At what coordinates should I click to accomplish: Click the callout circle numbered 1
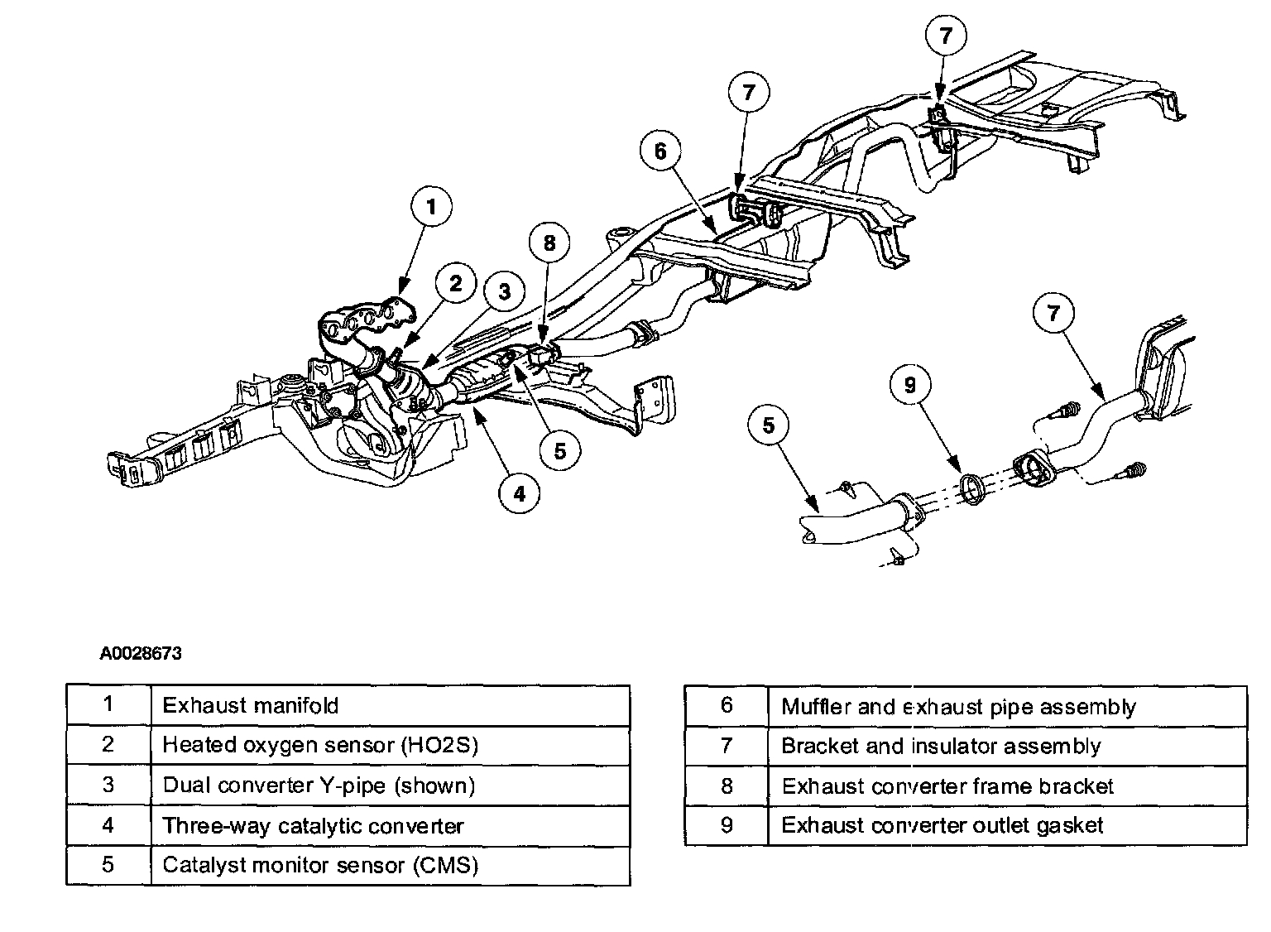(429, 207)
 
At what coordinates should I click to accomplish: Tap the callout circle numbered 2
(455, 284)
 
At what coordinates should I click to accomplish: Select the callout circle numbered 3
(505, 291)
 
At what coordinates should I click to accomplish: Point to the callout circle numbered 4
(519, 493)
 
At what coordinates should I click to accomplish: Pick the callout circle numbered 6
(660, 151)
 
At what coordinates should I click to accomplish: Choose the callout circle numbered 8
(551, 243)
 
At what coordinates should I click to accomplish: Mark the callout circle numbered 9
(910, 385)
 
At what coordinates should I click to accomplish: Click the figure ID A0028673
(141, 653)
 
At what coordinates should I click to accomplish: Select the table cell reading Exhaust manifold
(390, 705)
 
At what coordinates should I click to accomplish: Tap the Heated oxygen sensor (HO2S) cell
(390, 745)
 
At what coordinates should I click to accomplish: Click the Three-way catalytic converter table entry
(390, 825)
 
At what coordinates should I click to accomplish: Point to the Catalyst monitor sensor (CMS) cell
(390, 865)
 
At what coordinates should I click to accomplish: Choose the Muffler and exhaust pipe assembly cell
(1006, 706)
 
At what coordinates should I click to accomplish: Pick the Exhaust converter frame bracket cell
(1006, 785)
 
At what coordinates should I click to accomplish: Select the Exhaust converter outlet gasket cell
(1006, 825)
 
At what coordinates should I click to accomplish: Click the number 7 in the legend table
(727, 746)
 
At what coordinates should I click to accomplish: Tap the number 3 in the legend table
(108, 785)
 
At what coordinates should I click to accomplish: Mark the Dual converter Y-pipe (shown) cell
(390, 785)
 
